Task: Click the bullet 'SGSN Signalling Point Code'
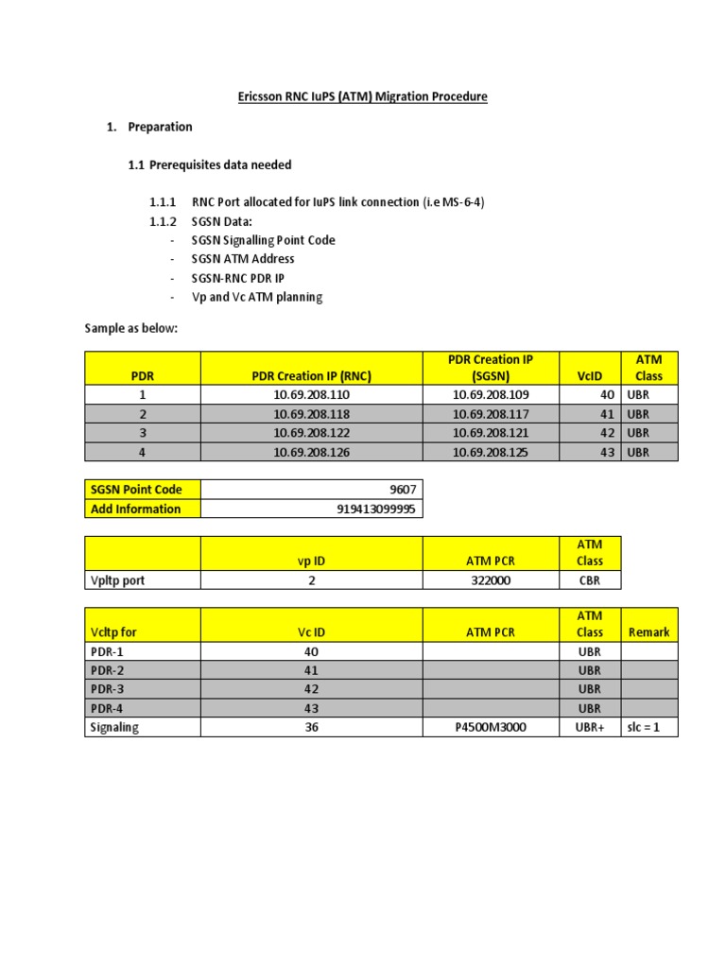(x=263, y=240)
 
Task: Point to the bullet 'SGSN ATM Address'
(x=243, y=259)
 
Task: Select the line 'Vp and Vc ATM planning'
(x=256, y=297)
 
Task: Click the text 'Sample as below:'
(x=130, y=327)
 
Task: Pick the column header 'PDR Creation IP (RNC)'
(x=311, y=376)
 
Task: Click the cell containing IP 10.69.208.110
(x=311, y=395)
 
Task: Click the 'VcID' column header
(x=590, y=376)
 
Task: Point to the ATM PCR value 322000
(x=490, y=580)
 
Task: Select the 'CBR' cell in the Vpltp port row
(x=589, y=580)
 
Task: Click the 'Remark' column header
(x=648, y=632)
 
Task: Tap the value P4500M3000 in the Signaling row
(x=490, y=728)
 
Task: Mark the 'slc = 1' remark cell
(x=648, y=728)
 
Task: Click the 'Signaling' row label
(x=114, y=728)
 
